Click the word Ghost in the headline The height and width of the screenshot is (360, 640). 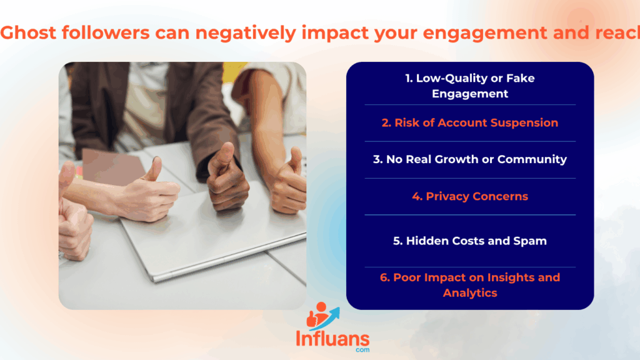pos(28,32)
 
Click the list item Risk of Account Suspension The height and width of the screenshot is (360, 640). pos(470,123)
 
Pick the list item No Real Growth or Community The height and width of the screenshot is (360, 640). pos(470,159)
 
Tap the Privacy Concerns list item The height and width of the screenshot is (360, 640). pos(470,196)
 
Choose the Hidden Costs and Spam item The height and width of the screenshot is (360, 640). pos(470,241)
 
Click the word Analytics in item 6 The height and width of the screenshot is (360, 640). pos(470,293)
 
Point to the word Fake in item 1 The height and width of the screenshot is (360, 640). pos(520,78)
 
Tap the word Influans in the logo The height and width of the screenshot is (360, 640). pos(332,339)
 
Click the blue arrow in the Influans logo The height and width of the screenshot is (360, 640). pos(329,318)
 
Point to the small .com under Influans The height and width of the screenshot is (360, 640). pos(362,350)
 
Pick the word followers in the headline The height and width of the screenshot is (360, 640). pos(106,32)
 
